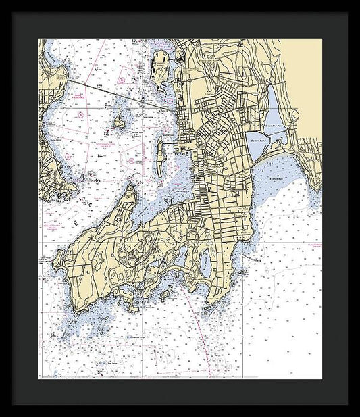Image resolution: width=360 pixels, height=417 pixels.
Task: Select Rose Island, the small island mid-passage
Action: [120, 122]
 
